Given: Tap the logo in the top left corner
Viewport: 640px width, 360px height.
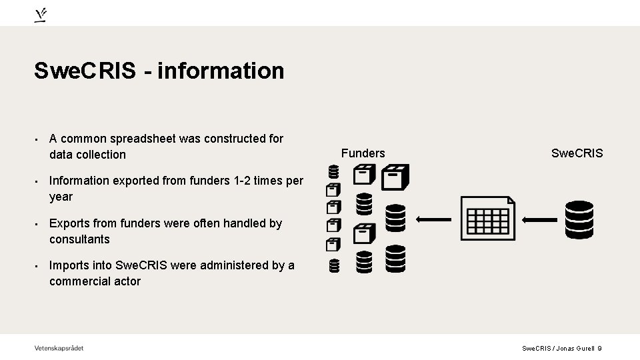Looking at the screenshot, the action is click(x=41, y=15).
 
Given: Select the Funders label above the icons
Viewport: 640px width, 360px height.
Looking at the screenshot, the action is click(x=363, y=153).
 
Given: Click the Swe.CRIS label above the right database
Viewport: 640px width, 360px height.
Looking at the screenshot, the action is click(x=577, y=153).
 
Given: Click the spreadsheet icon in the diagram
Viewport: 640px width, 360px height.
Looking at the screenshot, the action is click(x=487, y=219).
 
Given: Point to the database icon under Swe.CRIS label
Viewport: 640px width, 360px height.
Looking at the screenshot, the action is click(x=579, y=219).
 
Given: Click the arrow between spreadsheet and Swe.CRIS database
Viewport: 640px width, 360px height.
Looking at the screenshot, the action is click(x=540, y=219).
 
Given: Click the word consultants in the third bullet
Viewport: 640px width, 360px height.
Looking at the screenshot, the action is click(x=79, y=239).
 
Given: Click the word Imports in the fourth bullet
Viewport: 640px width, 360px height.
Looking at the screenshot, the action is click(x=69, y=265).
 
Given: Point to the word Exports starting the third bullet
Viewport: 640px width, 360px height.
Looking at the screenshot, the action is click(x=69, y=223).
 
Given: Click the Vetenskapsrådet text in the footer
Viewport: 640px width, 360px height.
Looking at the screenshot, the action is click(x=59, y=348).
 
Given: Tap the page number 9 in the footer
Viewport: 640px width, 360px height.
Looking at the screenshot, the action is click(x=600, y=349).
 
